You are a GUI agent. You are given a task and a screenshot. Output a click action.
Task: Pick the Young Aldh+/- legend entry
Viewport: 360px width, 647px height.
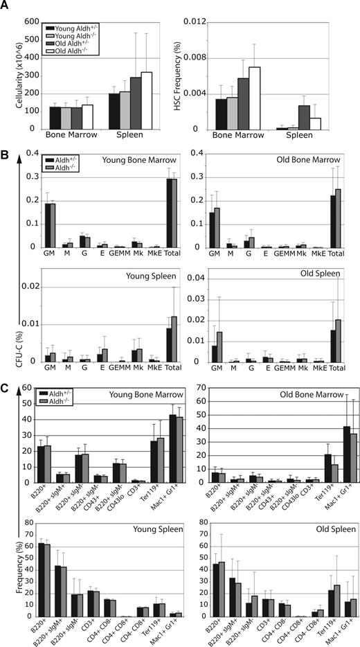tap(73, 28)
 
